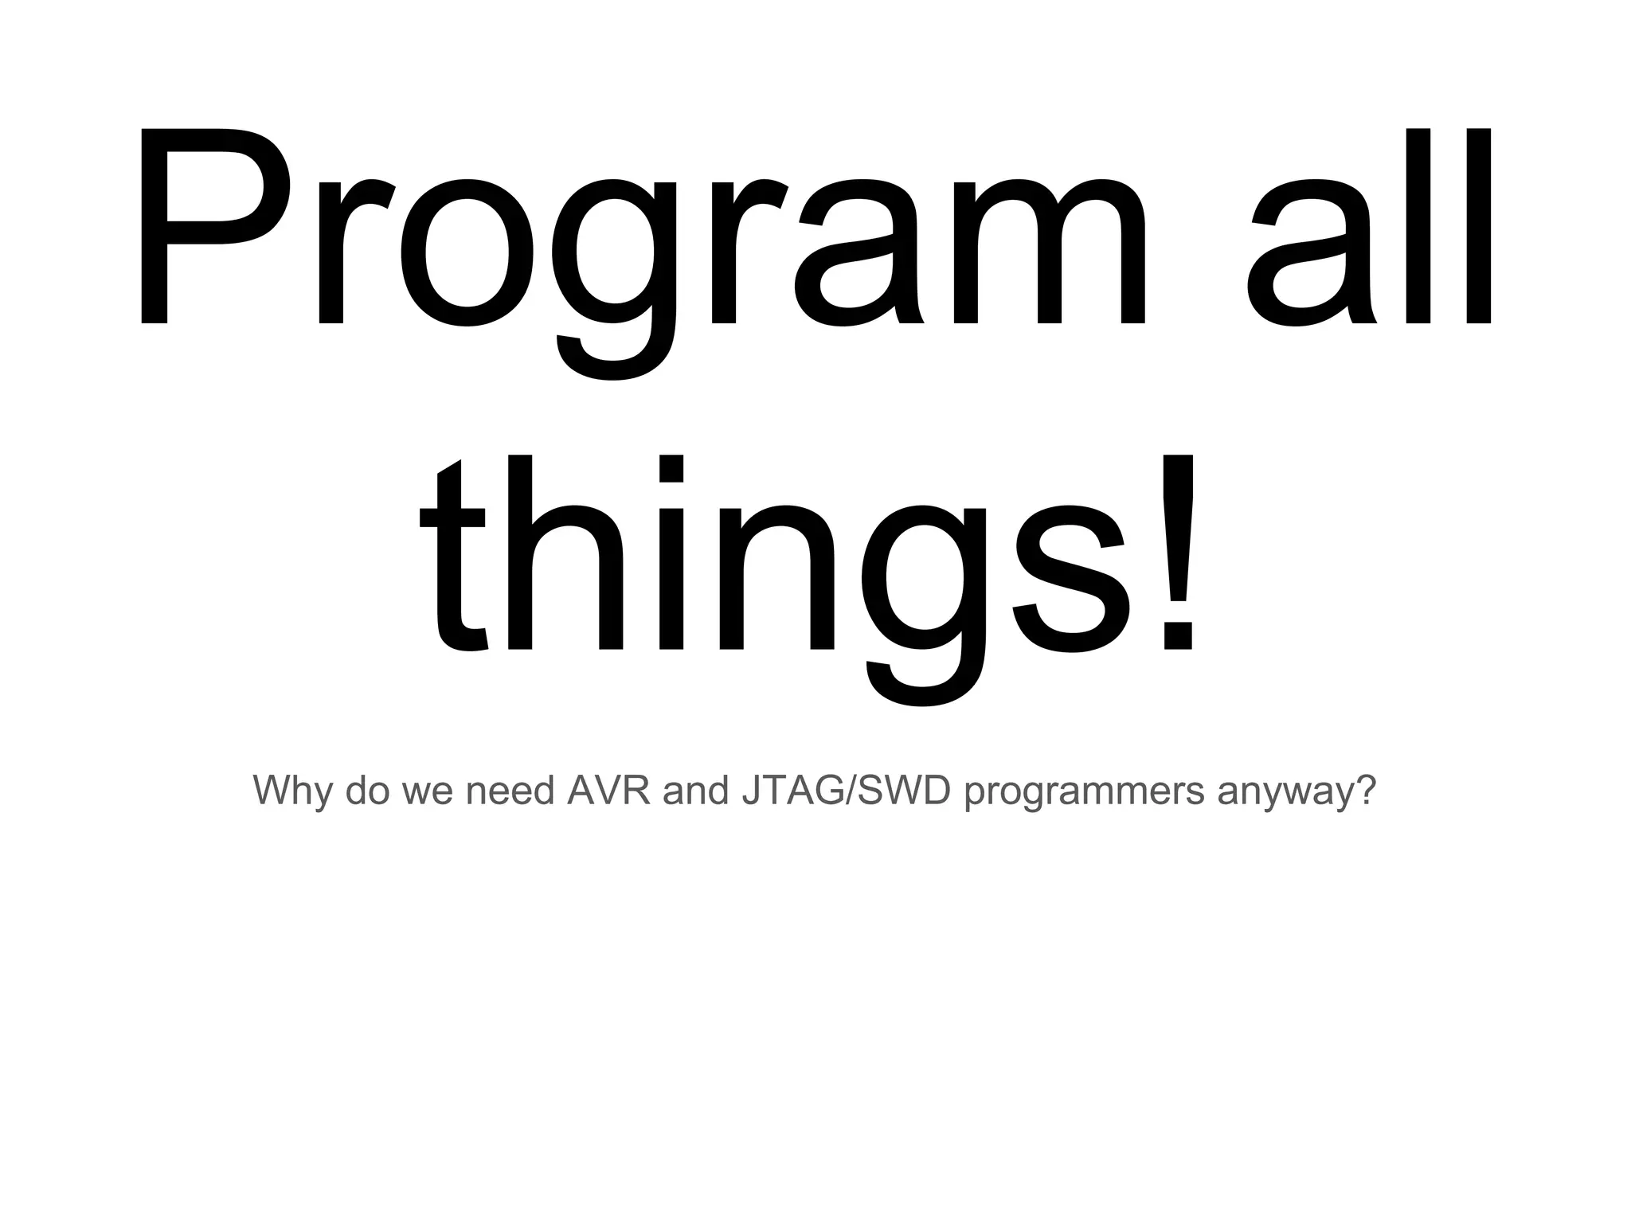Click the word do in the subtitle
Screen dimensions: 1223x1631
(x=367, y=790)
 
